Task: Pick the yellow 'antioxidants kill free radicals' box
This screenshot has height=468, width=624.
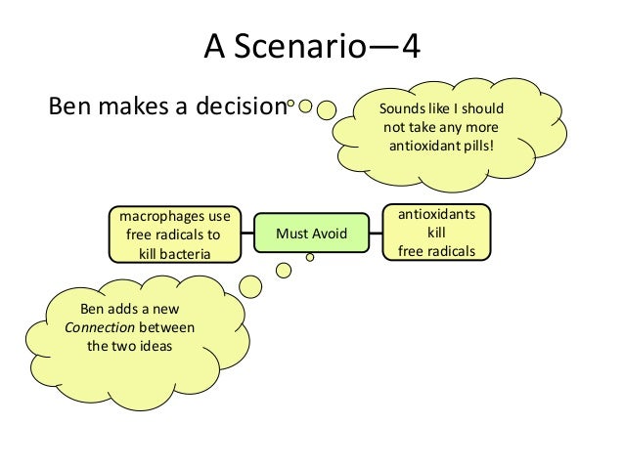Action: (x=435, y=233)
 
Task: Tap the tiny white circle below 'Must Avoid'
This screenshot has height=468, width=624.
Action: (x=310, y=257)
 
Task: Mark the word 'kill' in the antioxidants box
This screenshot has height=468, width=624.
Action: (x=435, y=234)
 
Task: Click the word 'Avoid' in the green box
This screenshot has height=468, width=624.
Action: (x=328, y=234)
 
